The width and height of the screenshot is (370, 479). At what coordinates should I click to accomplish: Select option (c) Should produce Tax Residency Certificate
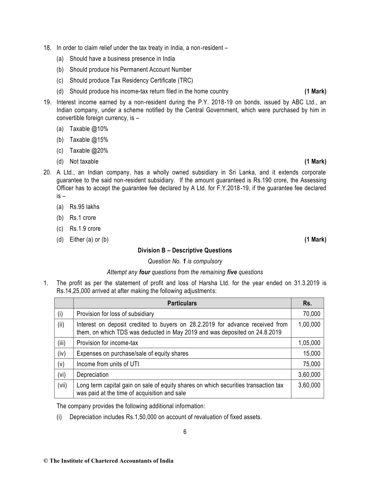(x=131, y=80)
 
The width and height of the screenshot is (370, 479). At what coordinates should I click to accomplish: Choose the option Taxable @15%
(x=89, y=140)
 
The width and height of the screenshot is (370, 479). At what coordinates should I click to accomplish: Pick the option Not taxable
(x=84, y=161)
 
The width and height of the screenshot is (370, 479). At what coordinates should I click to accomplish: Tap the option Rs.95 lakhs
(x=84, y=207)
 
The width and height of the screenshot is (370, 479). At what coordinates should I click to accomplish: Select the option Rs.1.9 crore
(x=85, y=229)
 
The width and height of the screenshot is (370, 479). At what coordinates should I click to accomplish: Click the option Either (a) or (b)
(x=89, y=239)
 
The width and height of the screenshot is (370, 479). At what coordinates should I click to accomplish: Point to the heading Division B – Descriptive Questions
(x=185, y=250)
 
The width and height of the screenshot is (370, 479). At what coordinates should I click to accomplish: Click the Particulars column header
(x=182, y=303)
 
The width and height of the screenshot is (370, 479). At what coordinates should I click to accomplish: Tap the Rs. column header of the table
(x=307, y=303)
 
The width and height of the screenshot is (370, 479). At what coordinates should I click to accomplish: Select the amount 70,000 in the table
(x=311, y=314)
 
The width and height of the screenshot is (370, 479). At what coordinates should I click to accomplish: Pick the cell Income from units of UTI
(x=108, y=364)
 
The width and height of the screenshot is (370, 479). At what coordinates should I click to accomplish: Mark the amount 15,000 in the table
(x=311, y=354)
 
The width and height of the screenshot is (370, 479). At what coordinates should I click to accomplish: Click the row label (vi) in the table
(x=62, y=375)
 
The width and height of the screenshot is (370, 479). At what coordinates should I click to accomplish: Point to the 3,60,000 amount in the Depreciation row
(x=309, y=375)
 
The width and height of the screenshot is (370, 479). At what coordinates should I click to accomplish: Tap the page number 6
(x=185, y=432)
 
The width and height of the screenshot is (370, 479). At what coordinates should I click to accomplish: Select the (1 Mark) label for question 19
(x=315, y=161)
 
